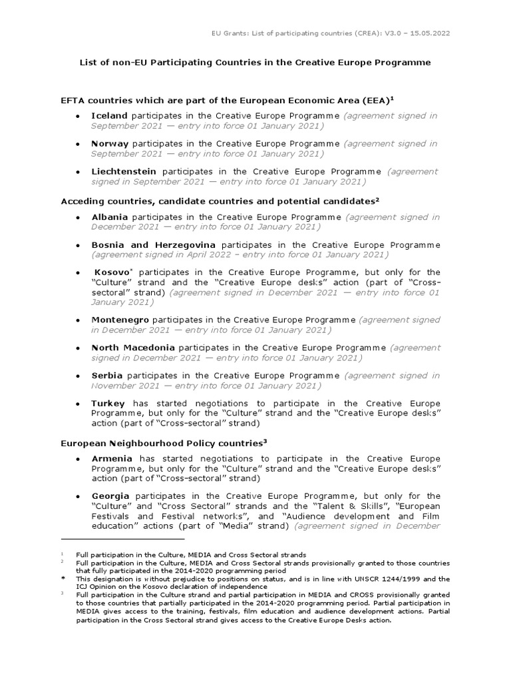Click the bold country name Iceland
pyautogui.click(x=109, y=115)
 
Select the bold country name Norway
pyautogui.click(x=110, y=143)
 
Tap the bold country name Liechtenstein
pyautogui.click(x=124, y=171)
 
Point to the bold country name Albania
pyautogui.click(x=110, y=217)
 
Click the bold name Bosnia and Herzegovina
pyautogui.click(x=154, y=245)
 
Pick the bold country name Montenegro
pyautogui.click(x=120, y=320)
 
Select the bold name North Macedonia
pyautogui.click(x=133, y=348)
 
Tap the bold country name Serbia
pyautogui.click(x=107, y=376)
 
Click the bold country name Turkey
pyautogui.click(x=108, y=404)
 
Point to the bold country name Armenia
pyautogui.click(x=112, y=459)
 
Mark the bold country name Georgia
pyautogui.click(x=110, y=496)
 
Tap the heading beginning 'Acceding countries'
pyautogui.click(x=220, y=200)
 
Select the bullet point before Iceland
pyautogui.click(x=79, y=116)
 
